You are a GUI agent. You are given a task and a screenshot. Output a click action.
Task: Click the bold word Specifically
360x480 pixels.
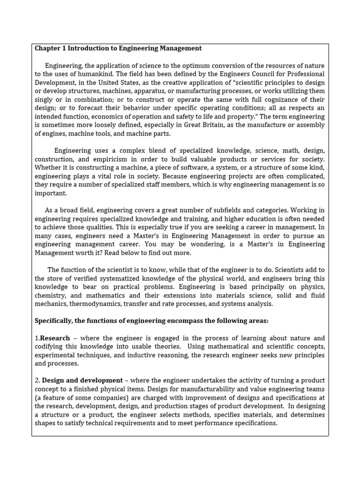coord(54,321)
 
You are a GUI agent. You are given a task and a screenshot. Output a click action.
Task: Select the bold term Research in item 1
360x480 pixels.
coord(55,338)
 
